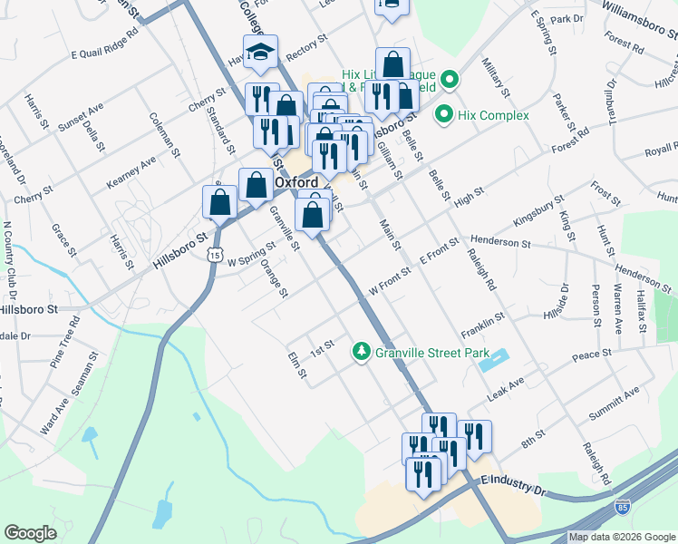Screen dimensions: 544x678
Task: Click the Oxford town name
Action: click(295, 182)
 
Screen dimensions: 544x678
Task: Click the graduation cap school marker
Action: click(260, 55)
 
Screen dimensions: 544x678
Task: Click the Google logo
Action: click(30, 533)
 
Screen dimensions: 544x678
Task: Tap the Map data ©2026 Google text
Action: click(622, 537)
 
